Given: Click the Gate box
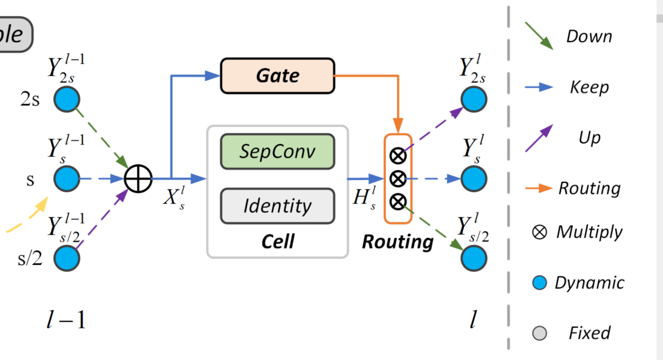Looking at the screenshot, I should point(277,76).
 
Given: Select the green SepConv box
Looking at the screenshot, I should point(277,151).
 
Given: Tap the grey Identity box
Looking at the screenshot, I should point(277,206).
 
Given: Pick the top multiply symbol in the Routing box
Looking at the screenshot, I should point(397,156).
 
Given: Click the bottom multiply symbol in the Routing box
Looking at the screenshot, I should point(397,201).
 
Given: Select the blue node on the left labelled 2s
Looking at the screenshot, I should point(67,99).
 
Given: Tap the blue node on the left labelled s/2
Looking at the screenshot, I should point(67,258).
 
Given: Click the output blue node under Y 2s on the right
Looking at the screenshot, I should point(473,99).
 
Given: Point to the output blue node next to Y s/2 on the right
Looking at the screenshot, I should point(473,258).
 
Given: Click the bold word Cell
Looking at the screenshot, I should point(278,241).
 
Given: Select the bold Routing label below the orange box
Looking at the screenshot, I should point(397,241).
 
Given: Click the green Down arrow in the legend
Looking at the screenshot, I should point(539,36).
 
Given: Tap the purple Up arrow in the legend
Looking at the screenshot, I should point(539,138).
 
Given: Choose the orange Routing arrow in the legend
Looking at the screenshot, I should point(539,188).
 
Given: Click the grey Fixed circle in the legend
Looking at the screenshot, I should point(540,333).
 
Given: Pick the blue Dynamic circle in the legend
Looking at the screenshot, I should point(540,283).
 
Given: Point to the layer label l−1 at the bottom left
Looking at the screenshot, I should point(66,320).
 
